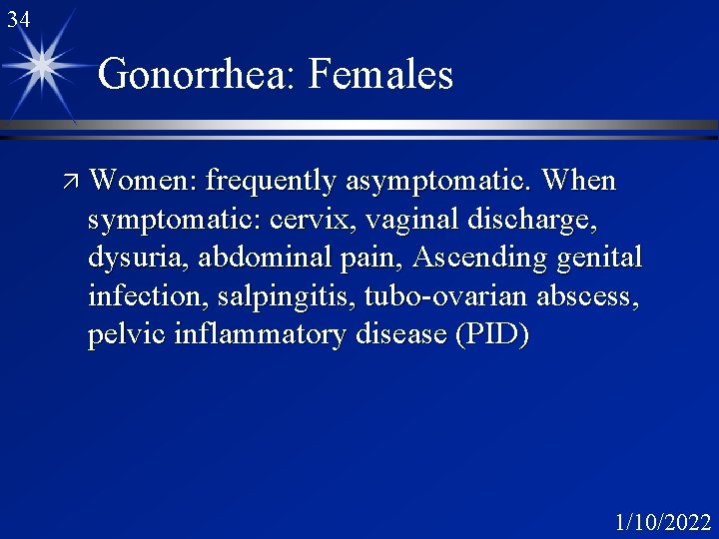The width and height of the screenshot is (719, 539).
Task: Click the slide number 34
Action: pos(18,19)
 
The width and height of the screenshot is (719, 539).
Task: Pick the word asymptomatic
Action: pos(438,182)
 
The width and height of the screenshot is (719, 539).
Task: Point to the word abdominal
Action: pos(262,259)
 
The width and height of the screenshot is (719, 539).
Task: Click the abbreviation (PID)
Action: pos(491,335)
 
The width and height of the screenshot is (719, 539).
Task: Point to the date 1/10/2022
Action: pos(663,521)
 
